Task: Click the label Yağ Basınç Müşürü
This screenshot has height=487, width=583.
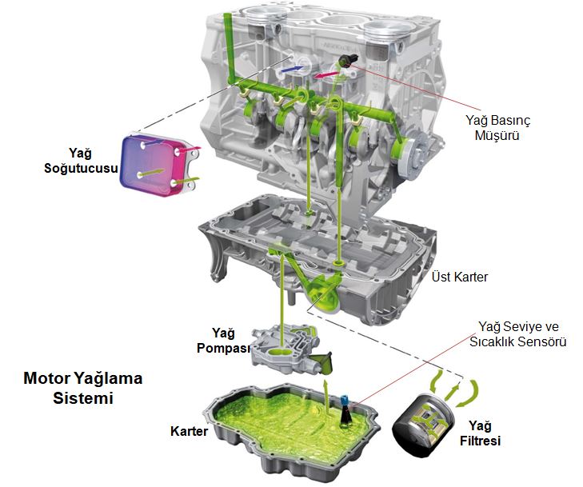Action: click(x=498, y=127)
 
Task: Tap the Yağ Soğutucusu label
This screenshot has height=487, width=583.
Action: click(x=81, y=161)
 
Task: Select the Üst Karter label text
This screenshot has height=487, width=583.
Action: click(x=460, y=277)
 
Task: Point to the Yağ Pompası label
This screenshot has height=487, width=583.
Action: click(x=223, y=340)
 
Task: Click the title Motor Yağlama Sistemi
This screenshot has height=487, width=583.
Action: click(x=83, y=388)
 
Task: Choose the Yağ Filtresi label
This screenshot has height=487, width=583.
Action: click(x=480, y=433)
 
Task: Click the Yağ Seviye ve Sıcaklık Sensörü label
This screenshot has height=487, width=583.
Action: click(x=518, y=333)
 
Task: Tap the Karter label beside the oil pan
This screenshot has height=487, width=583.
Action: click(x=189, y=431)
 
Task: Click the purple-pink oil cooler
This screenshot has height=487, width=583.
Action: click(x=156, y=165)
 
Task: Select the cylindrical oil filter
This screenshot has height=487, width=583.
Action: click(x=424, y=426)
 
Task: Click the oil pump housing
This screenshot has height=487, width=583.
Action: click(x=286, y=350)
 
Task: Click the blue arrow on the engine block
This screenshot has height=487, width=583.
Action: click(x=292, y=69)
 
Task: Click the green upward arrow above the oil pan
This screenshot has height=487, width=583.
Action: click(x=327, y=398)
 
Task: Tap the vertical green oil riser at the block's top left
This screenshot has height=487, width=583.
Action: click(x=229, y=47)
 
